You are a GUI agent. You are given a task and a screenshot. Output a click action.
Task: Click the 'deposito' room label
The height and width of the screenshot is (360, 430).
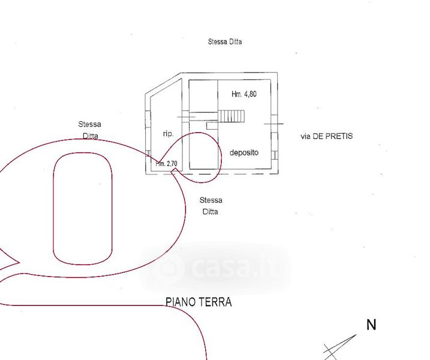click(244, 153)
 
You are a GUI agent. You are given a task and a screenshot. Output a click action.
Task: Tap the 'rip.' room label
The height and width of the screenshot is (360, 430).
click(168, 134)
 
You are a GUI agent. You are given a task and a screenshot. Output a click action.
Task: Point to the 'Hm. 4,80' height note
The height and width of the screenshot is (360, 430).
click(244, 94)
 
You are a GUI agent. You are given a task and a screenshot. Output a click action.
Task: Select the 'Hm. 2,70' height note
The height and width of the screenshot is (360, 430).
click(167, 164)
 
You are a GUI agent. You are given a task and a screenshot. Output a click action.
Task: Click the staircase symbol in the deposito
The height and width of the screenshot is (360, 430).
click(231, 116)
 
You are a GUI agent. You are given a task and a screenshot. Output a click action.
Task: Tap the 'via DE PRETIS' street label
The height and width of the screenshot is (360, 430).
click(326, 136)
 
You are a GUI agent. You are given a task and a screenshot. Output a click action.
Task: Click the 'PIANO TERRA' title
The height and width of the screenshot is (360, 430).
click(199, 302)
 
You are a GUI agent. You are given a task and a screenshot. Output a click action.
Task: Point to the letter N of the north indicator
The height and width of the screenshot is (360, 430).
click(371, 325)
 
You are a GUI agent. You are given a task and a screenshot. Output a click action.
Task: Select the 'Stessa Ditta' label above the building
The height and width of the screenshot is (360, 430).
click(225, 42)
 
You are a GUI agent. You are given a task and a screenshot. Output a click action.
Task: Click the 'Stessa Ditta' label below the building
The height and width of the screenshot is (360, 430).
click(211, 206)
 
